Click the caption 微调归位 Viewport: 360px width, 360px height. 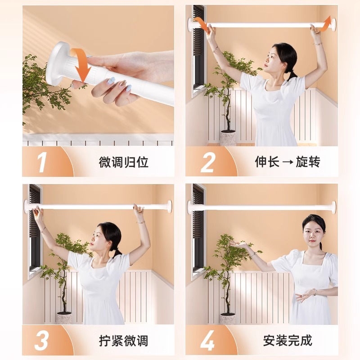[123, 162]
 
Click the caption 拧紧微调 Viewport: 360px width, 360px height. [123, 340]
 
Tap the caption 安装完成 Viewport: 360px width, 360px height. [288, 340]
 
